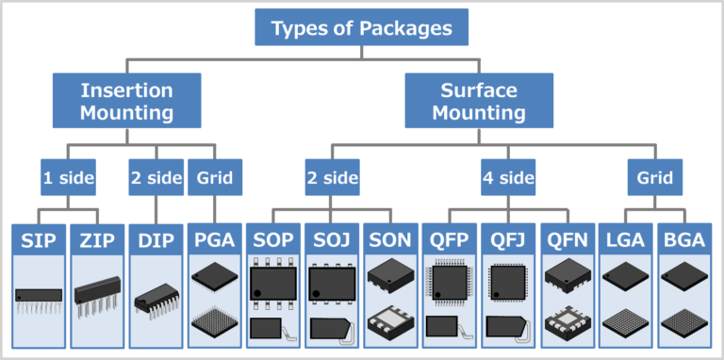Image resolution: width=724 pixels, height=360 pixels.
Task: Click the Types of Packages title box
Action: [x=362, y=28]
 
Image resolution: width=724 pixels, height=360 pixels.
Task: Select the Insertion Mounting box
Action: [x=126, y=102]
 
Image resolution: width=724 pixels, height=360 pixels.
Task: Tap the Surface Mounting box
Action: [x=479, y=102]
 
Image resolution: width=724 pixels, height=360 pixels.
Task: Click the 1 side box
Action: [x=67, y=176]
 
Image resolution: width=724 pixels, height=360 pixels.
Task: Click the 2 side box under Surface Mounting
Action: [x=332, y=176]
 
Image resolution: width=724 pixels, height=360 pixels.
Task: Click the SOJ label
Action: [x=332, y=239]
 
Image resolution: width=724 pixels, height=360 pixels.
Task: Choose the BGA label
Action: [x=683, y=239]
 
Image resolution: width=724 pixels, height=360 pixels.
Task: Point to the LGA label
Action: [x=625, y=239]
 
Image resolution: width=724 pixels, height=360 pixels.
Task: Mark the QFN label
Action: [x=567, y=239]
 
